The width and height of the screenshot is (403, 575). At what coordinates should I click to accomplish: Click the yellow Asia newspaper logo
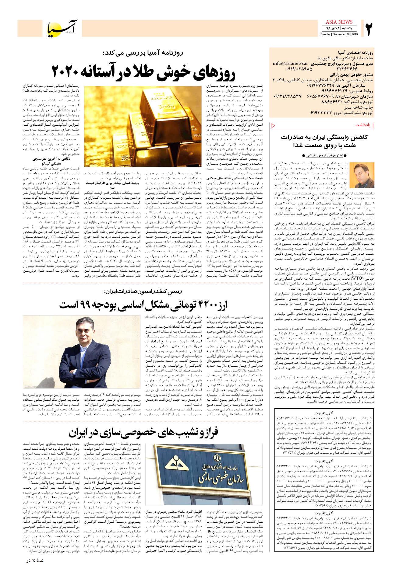(65, 28)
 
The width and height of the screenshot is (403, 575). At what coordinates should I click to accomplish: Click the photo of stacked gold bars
(142, 118)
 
